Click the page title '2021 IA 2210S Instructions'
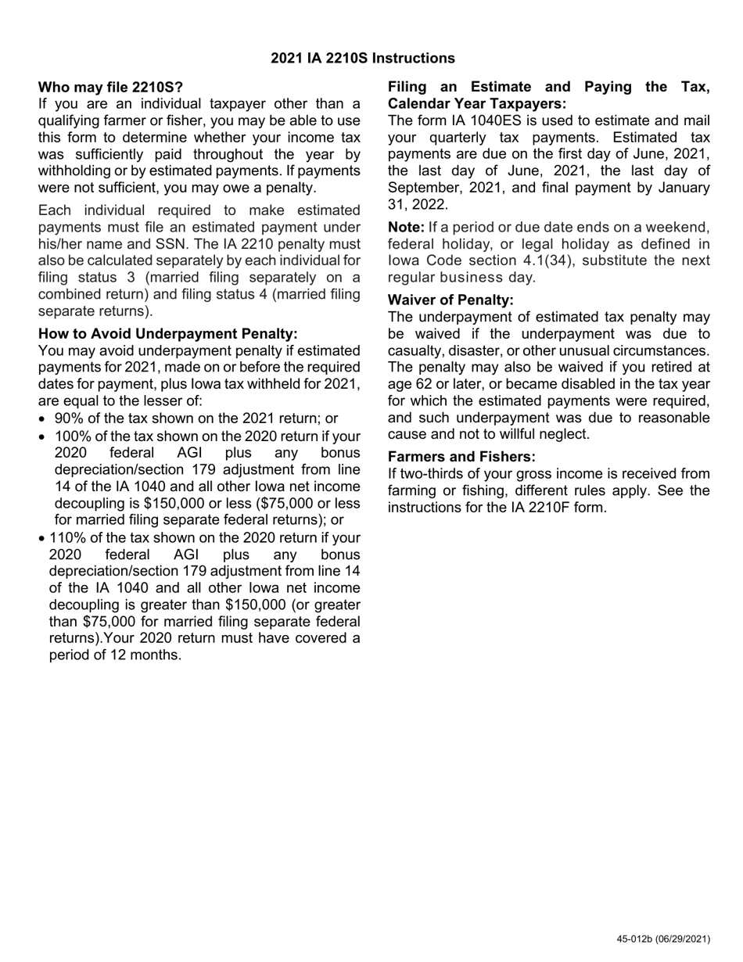pyautogui.click(x=363, y=59)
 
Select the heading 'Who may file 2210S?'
pyautogui.click(x=110, y=87)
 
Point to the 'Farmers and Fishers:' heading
pyautogui.click(x=462, y=457)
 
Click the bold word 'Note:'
pyautogui.click(x=407, y=228)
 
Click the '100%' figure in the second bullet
pyautogui.click(x=71, y=436)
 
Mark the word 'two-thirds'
pyautogui.click(x=430, y=474)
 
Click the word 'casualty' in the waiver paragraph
pyautogui.click(x=416, y=350)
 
